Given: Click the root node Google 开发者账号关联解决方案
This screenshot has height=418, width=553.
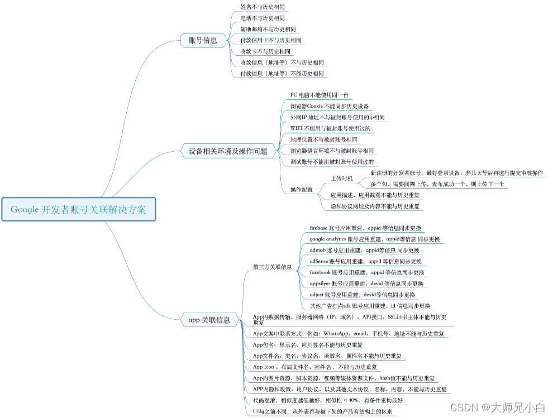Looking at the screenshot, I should pos(78,210).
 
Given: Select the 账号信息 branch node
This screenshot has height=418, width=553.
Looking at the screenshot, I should pos(203,40).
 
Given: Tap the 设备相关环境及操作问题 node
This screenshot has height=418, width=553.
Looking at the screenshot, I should pos(228,151).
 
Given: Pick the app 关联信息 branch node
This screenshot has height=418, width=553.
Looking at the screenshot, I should pos(209,320).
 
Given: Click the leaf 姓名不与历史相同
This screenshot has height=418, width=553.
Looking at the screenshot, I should pos(262,7).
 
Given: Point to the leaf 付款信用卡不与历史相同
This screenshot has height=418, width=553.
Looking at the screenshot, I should pos(270,41).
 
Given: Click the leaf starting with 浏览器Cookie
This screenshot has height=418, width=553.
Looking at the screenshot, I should pos(329,106).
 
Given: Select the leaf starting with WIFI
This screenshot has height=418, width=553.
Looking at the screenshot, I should pos(330,128).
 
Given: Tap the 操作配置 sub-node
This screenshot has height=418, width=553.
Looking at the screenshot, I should pos(301,190).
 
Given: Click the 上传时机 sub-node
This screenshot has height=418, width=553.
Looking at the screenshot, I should pos(341,179).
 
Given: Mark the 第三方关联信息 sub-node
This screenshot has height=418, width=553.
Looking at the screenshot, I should pos(272,267).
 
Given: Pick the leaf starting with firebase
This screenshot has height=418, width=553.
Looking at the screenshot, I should pos(365,228).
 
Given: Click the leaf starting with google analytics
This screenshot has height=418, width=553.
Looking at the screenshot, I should pos(374,239).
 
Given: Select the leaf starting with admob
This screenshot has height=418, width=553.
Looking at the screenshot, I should pos(364,250).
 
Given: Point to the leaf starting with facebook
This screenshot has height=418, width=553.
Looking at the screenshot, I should pos(367,272).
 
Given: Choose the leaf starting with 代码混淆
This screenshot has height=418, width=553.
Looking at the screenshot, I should pos(327,401).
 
